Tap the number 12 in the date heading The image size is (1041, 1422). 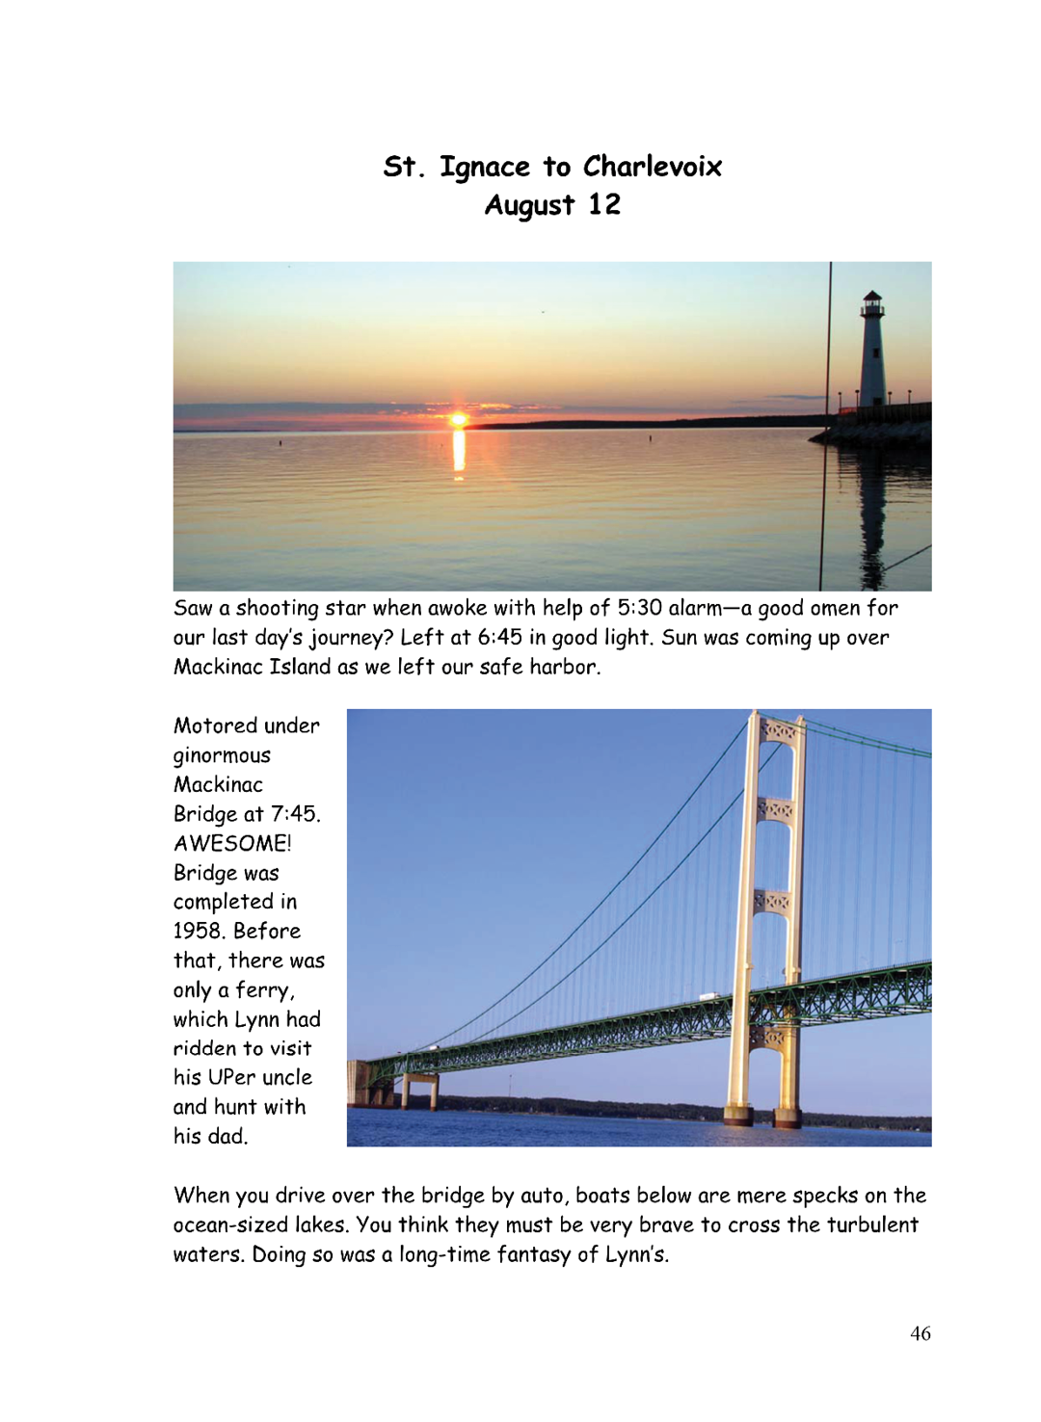pyautogui.click(x=604, y=205)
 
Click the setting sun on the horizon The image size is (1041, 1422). pyautogui.click(x=459, y=419)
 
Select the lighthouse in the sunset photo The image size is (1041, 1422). pyautogui.click(x=872, y=352)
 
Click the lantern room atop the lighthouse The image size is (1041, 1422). pyautogui.click(x=872, y=305)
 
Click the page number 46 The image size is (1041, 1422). pyautogui.click(x=921, y=1333)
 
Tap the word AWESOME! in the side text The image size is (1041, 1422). pyautogui.click(x=232, y=844)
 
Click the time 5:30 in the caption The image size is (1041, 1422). pyautogui.click(x=639, y=608)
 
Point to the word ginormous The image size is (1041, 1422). pyautogui.click(x=222, y=756)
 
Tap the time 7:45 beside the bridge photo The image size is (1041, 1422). pyautogui.click(x=294, y=814)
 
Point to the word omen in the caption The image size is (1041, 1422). pyautogui.click(x=834, y=608)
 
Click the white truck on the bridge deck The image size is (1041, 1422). pyautogui.click(x=708, y=996)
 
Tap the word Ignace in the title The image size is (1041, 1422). pyautogui.click(x=485, y=169)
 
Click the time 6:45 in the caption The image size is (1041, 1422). pyautogui.click(x=499, y=638)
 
